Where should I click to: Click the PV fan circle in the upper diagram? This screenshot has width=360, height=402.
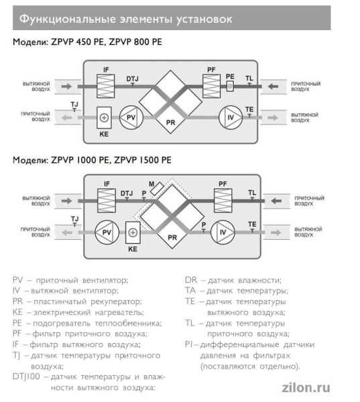click(128, 119)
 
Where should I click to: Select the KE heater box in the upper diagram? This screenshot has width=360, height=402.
click(104, 117)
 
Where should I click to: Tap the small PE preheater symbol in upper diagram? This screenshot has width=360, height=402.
click(230, 86)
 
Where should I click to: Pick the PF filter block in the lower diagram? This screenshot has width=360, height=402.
click(222, 199)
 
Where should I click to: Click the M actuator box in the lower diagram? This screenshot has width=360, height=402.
click(157, 190)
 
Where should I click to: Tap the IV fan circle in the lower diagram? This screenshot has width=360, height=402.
click(223, 232)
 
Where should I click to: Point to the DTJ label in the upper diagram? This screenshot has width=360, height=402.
click(132, 78)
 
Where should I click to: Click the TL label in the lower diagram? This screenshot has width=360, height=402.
click(252, 192)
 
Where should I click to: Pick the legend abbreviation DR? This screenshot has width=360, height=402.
click(191, 280)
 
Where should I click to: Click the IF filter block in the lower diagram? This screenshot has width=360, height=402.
click(106, 199)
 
